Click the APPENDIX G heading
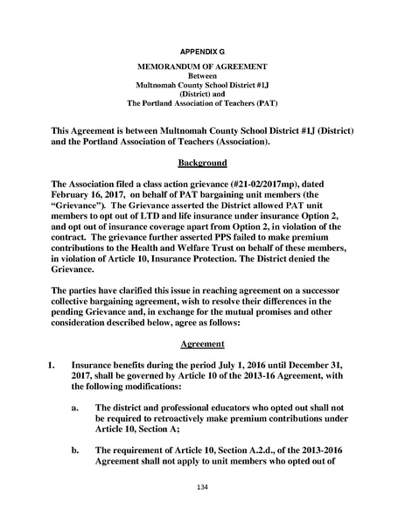point(202,52)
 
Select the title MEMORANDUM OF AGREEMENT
point(202,67)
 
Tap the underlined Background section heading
point(202,163)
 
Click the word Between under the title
point(202,76)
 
